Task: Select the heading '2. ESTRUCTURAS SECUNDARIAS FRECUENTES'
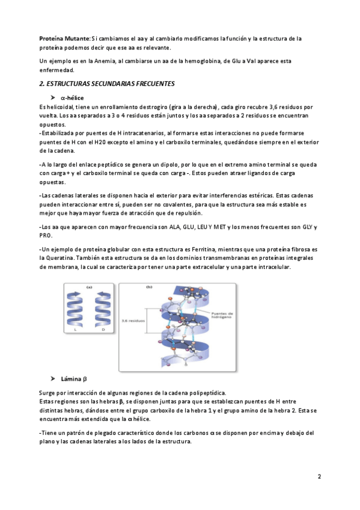(107, 84)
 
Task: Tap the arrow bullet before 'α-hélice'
(53, 97)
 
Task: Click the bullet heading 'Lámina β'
(74, 379)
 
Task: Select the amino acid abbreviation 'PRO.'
(46, 236)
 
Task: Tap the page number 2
(319, 476)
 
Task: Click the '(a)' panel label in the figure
(89, 287)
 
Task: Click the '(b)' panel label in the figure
(149, 287)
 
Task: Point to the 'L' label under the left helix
(75, 330)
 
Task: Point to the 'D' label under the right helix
(103, 330)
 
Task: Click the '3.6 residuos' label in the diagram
(133, 321)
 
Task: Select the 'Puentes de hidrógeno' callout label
(222, 315)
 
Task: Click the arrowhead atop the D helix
(101, 294)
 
